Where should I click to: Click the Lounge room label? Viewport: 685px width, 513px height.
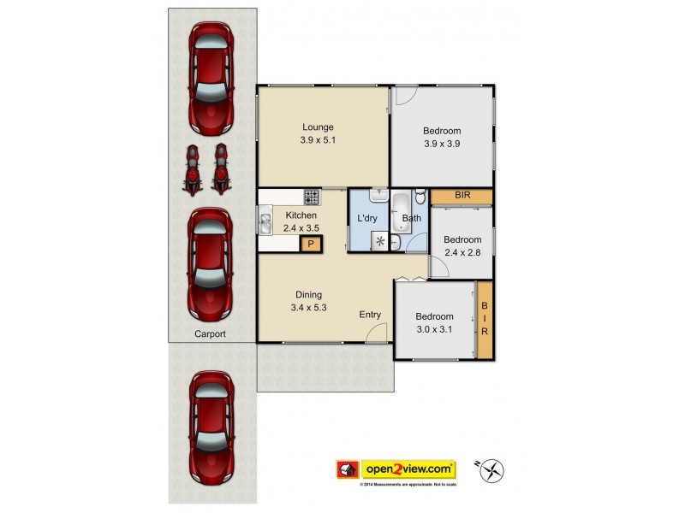point(317,127)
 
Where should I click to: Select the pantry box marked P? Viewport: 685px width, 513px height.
point(310,245)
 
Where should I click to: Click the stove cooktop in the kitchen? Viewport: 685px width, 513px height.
point(312,198)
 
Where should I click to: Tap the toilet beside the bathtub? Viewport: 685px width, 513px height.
point(419,199)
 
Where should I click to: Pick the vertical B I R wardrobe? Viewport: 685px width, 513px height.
point(484,319)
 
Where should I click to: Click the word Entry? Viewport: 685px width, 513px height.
point(370,315)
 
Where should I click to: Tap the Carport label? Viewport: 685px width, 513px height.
point(209,334)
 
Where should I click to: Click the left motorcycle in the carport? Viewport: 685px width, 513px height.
point(192,168)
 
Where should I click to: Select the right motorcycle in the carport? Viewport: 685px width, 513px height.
point(222,168)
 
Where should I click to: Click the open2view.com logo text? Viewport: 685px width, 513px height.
point(407,469)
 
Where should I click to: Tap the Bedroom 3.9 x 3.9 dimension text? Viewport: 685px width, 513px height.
point(442,144)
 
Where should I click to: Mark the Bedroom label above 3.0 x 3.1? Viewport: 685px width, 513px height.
point(434,316)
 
